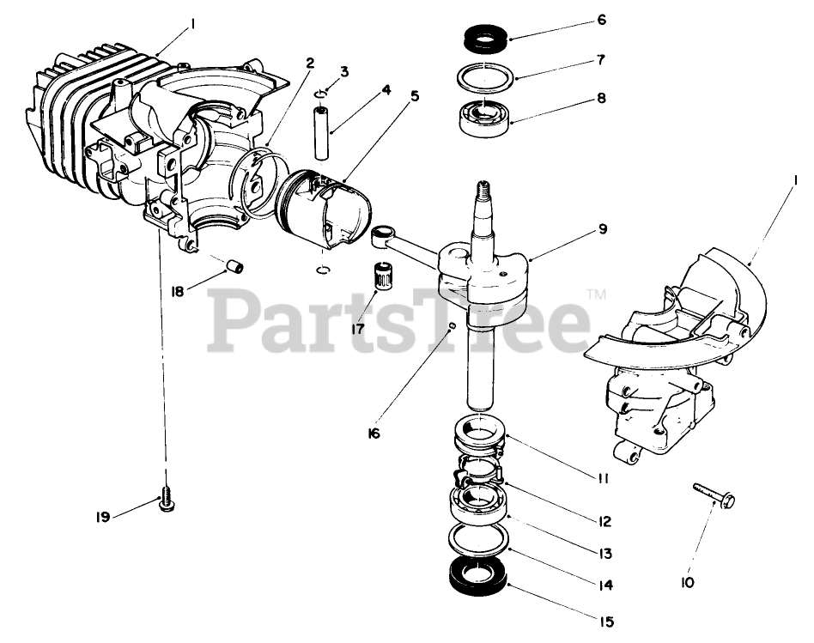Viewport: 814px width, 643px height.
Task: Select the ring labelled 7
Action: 486,78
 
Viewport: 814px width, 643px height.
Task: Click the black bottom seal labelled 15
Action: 479,575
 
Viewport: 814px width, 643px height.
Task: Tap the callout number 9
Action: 603,229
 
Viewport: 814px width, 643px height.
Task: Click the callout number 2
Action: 309,63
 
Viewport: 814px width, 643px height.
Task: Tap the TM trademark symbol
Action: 596,294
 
